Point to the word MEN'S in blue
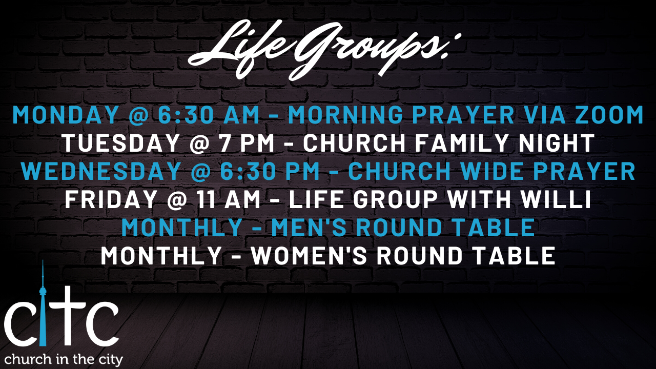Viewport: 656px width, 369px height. coord(311,228)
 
